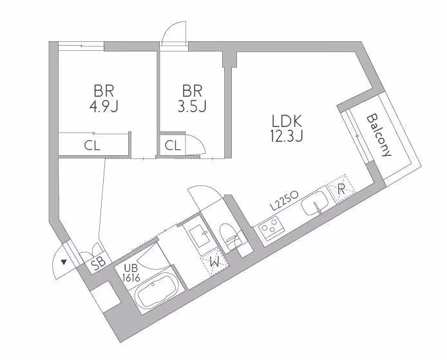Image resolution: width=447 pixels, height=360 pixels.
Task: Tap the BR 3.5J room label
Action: [x=192, y=98]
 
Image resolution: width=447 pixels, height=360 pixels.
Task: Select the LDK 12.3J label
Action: [x=287, y=128]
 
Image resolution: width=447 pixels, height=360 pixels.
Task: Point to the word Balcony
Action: [x=379, y=136]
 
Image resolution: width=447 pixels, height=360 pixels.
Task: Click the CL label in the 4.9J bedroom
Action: [x=92, y=146]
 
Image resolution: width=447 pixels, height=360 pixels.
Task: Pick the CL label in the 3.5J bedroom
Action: [x=172, y=146]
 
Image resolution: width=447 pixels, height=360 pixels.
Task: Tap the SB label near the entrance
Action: [x=98, y=262]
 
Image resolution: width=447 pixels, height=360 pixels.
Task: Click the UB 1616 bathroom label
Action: [x=131, y=273]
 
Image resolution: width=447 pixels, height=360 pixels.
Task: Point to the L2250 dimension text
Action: [x=283, y=200]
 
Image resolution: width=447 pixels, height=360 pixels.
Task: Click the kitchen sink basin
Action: [x=316, y=204]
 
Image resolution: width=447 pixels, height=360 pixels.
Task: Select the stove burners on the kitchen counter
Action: [x=269, y=227]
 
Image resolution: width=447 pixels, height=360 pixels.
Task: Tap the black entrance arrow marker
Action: [x=63, y=262]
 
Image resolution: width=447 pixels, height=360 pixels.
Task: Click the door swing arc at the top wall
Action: [x=172, y=32]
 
